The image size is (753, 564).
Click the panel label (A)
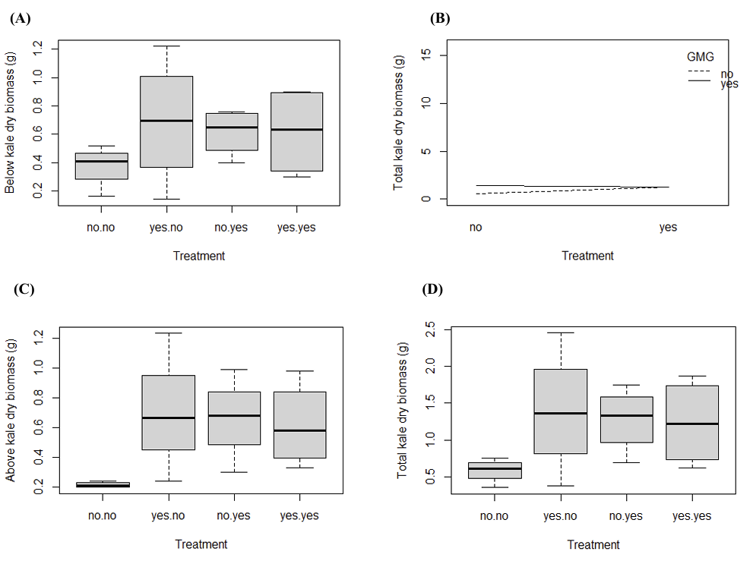[x=21, y=19]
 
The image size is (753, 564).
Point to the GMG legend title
[x=700, y=56]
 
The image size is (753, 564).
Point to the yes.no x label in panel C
[x=169, y=516]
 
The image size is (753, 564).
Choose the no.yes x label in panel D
[x=627, y=516]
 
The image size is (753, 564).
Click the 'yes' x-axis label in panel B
[x=668, y=227]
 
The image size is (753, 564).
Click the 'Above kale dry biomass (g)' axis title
[x=11, y=410]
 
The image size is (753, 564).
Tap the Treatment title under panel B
[x=587, y=256]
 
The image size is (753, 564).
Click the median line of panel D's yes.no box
[x=561, y=413]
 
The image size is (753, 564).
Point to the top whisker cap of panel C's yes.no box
[x=169, y=332]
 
